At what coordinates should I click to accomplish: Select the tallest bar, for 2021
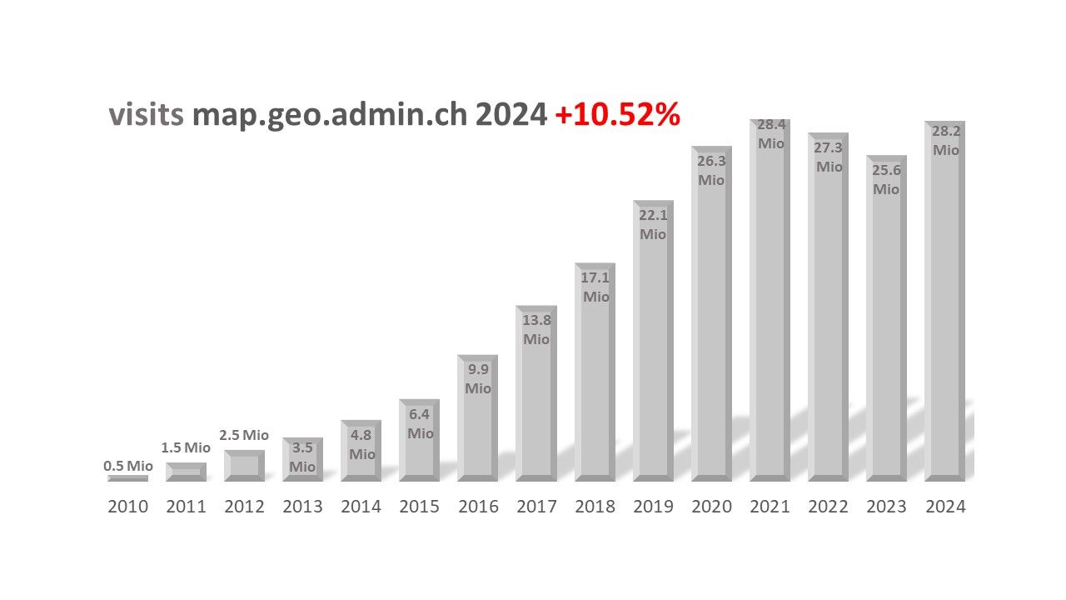point(770,317)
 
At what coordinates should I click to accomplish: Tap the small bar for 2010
point(127,478)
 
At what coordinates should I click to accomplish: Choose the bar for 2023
point(886,333)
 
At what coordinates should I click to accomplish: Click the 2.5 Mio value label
point(244,435)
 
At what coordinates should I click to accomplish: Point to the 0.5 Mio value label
point(127,466)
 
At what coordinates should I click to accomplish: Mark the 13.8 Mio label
point(536,329)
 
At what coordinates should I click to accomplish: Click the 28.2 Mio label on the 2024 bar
point(945,141)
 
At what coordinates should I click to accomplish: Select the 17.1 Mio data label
point(595,287)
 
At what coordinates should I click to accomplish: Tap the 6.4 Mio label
point(420,423)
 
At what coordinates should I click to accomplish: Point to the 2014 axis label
point(361,507)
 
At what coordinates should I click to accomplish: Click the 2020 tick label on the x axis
point(711,507)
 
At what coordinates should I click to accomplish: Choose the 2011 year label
point(186,507)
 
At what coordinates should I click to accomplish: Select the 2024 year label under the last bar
point(945,507)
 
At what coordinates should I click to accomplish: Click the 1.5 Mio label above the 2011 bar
point(186,447)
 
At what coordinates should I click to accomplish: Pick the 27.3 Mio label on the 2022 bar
point(829,157)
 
